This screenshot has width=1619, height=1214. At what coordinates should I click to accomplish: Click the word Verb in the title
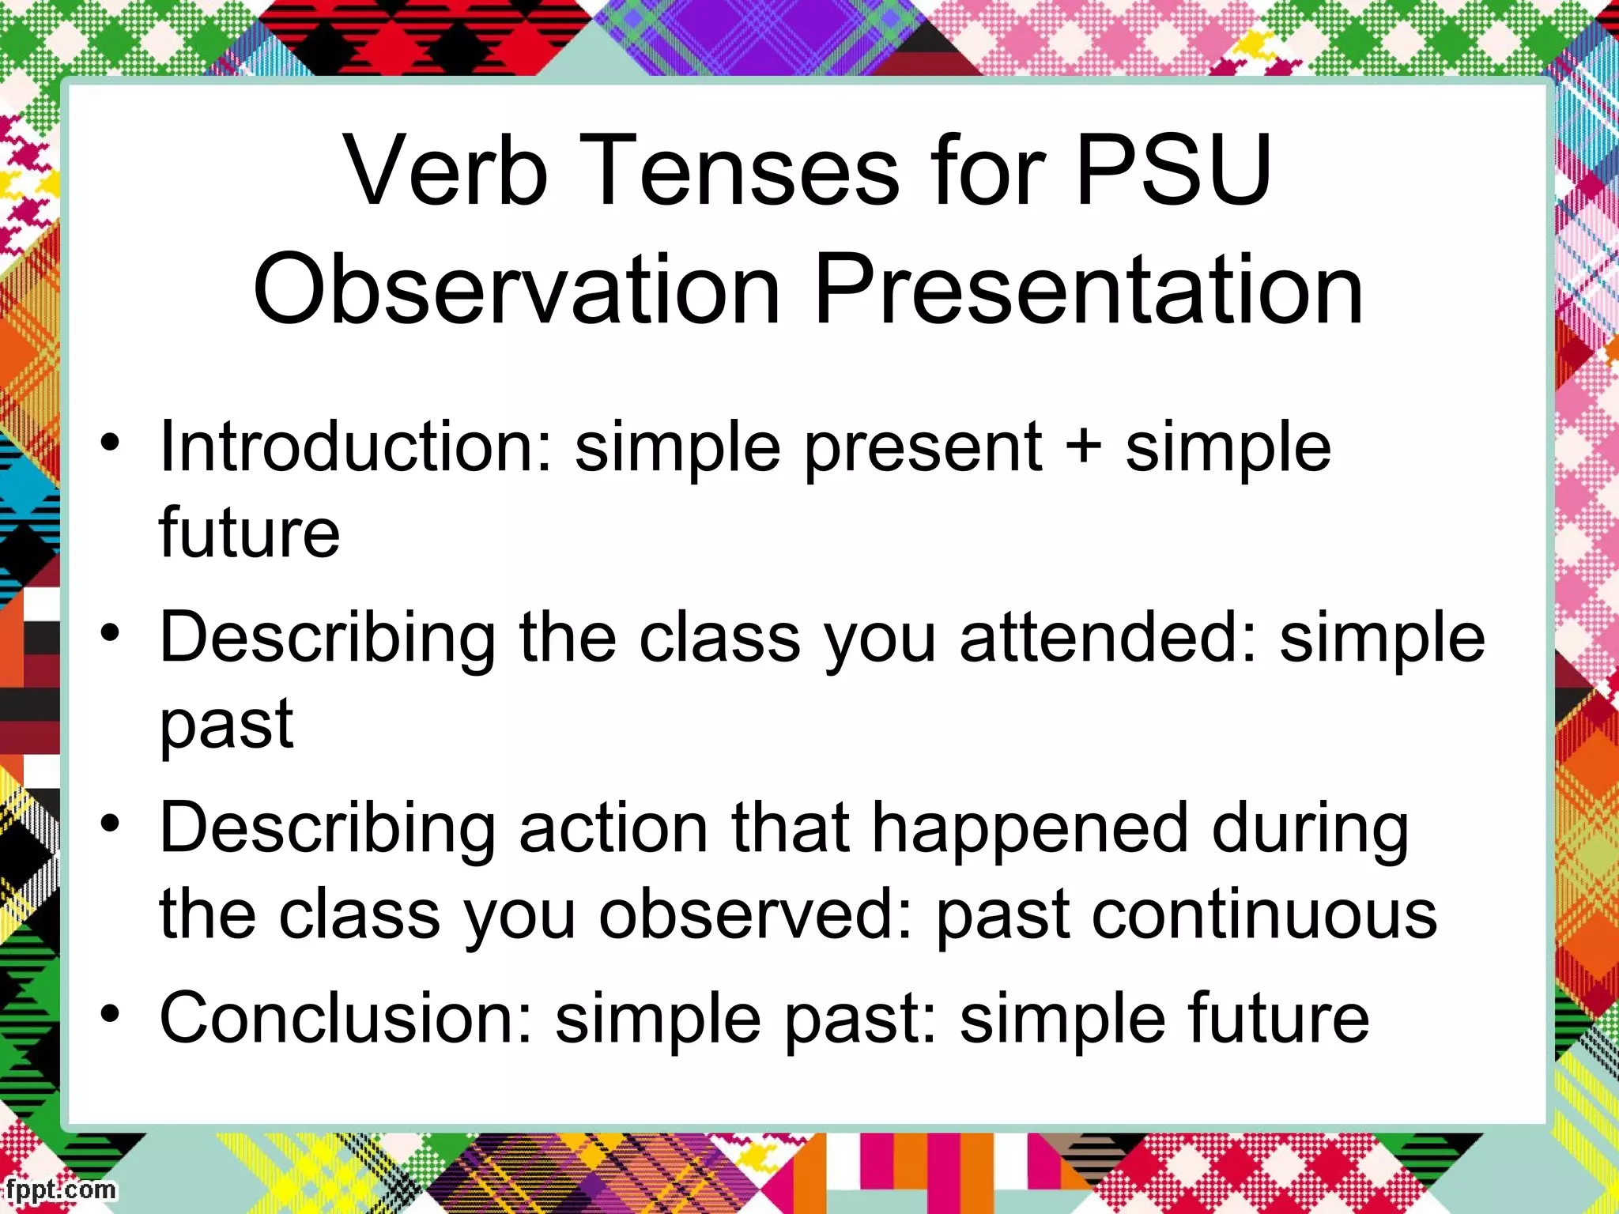click(x=447, y=170)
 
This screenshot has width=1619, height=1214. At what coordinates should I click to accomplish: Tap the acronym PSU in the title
click(x=1174, y=170)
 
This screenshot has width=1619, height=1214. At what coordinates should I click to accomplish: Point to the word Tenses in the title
click(x=743, y=170)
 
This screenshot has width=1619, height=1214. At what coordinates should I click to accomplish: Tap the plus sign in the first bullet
click(x=1084, y=445)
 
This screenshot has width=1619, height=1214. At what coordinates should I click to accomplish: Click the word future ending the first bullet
click(x=250, y=533)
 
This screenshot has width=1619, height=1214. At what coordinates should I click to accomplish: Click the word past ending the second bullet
click(x=227, y=726)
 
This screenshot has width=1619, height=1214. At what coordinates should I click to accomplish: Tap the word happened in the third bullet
click(x=1030, y=830)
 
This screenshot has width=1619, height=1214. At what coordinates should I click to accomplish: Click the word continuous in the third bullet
click(x=1265, y=915)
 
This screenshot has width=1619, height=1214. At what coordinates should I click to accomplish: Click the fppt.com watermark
click(x=59, y=1189)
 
